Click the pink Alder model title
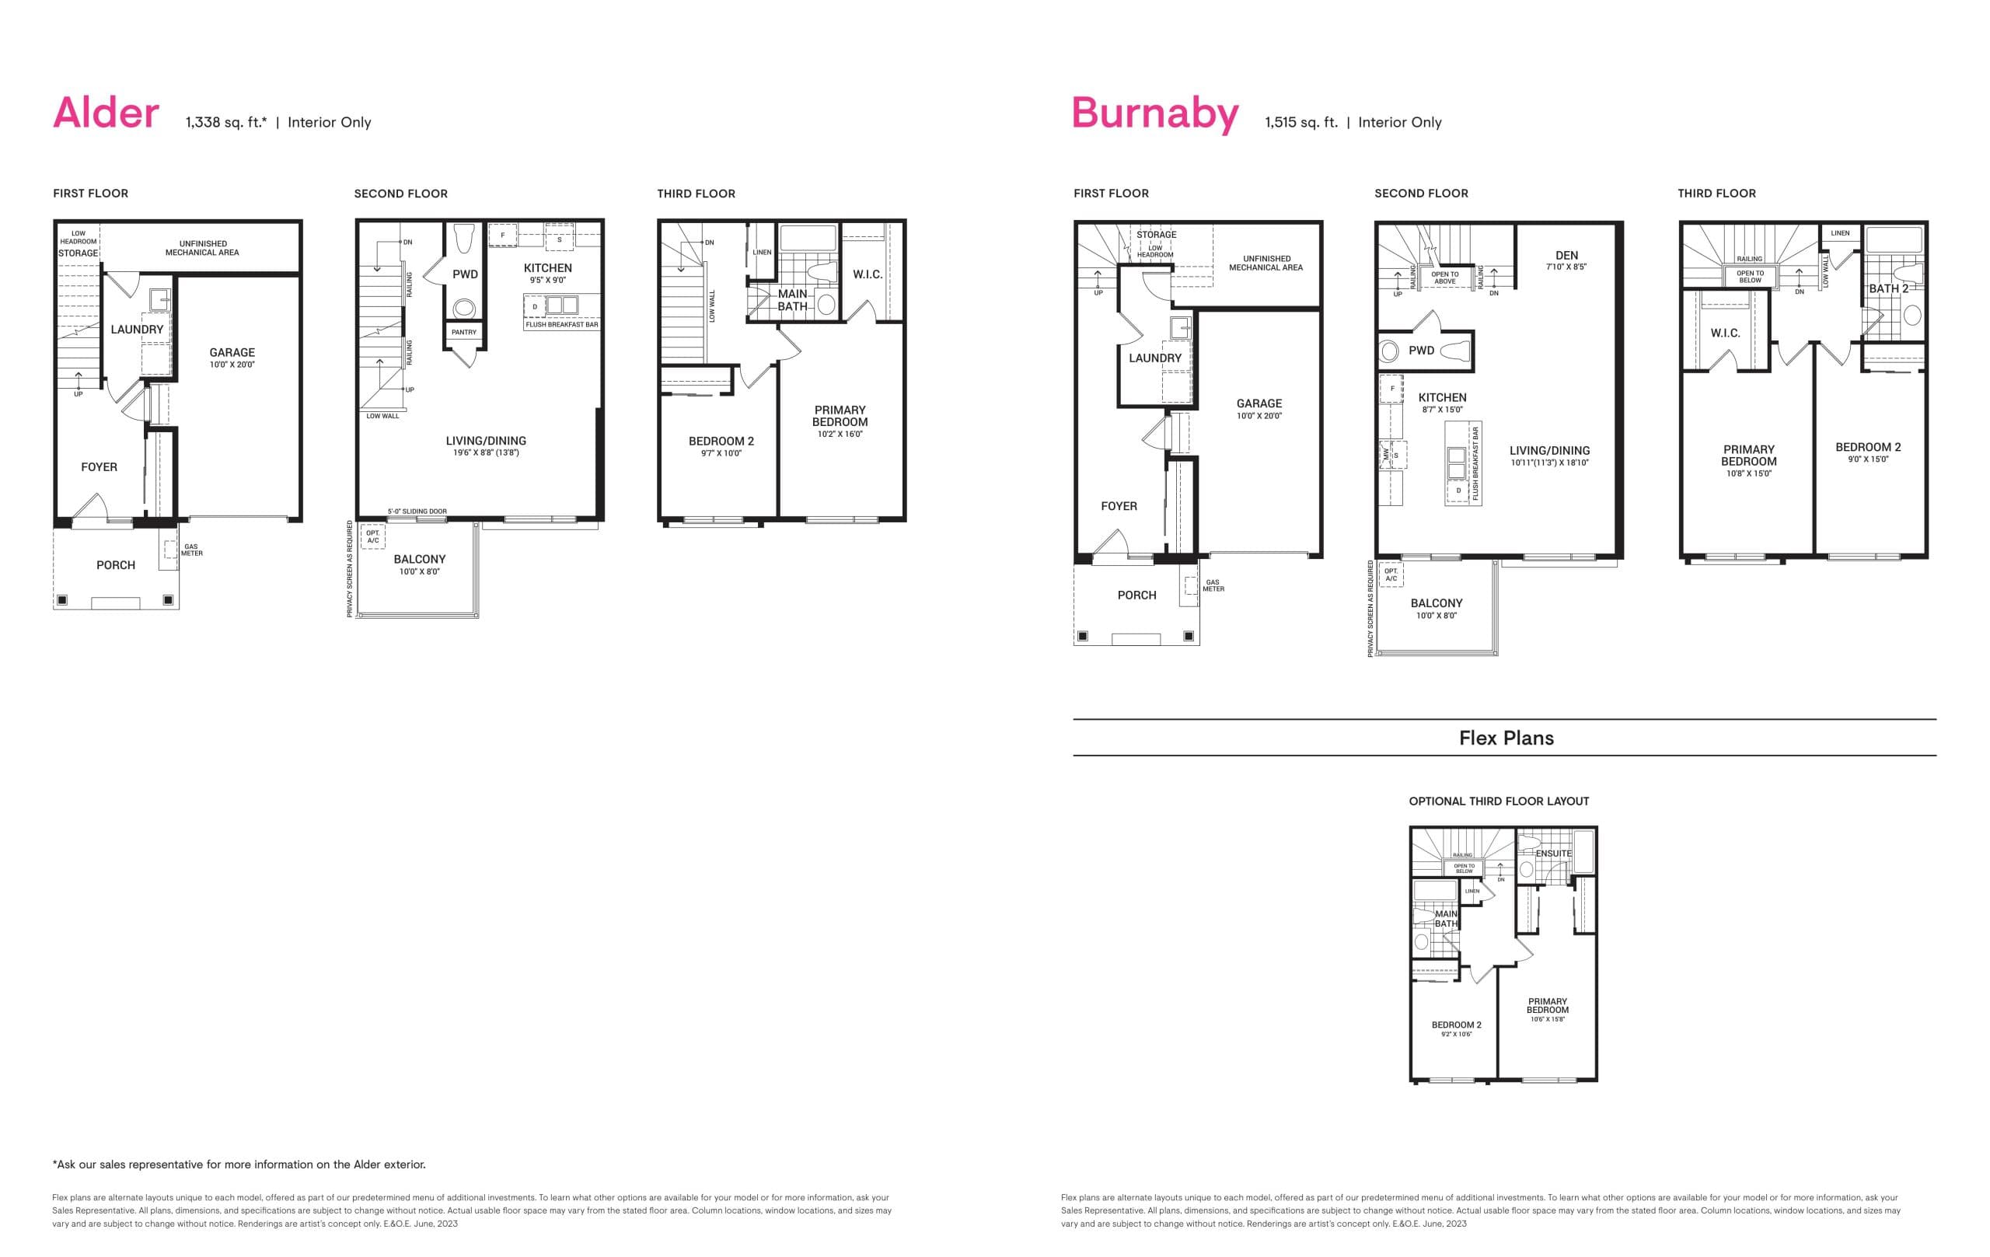pyautogui.click(x=106, y=113)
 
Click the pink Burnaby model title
pyautogui.click(x=1154, y=113)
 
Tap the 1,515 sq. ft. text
pyautogui.click(x=1300, y=122)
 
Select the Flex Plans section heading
pyautogui.click(x=1506, y=738)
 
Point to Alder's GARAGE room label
pyautogui.click(x=232, y=353)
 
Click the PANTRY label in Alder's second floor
pyautogui.click(x=463, y=332)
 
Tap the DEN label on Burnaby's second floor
pyautogui.click(x=1566, y=257)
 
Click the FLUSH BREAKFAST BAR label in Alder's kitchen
pyautogui.click(x=561, y=325)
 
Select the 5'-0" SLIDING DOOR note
pyautogui.click(x=417, y=512)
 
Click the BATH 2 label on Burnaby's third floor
pyautogui.click(x=1888, y=289)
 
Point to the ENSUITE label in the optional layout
pyautogui.click(x=1554, y=854)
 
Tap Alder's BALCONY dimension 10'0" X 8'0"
pyautogui.click(x=419, y=572)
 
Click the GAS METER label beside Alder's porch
pyautogui.click(x=192, y=550)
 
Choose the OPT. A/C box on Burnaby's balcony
pyautogui.click(x=1391, y=574)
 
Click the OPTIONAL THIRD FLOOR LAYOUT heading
pyautogui.click(x=1498, y=801)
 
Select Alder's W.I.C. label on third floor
pyautogui.click(x=868, y=274)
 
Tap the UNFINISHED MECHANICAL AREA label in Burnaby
pyautogui.click(x=1266, y=263)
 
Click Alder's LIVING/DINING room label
pyautogui.click(x=486, y=442)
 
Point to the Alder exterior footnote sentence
pyautogui.click(x=239, y=1164)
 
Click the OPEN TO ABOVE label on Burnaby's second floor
pyautogui.click(x=1444, y=278)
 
